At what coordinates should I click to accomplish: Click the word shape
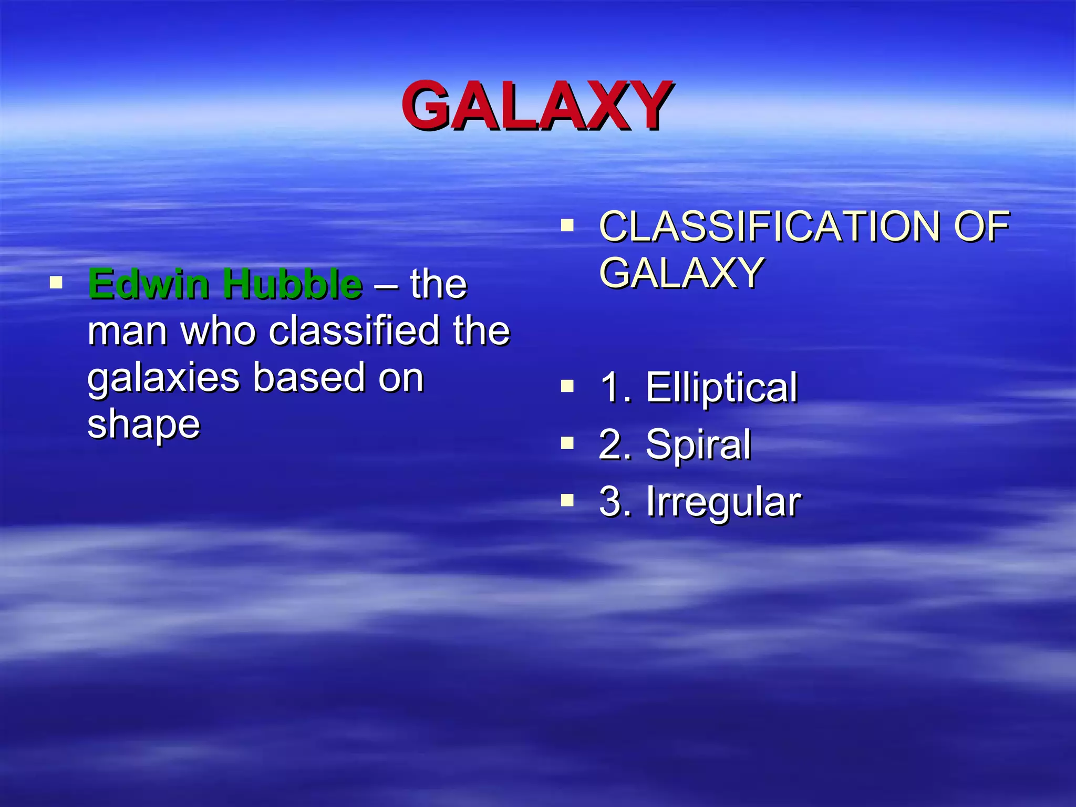pyautogui.click(x=143, y=425)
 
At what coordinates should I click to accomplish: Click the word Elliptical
pyautogui.click(x=721, y=387)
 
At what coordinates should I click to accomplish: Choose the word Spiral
pyautogui.click(x=698, y=444)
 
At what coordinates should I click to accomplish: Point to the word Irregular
pyautogui.click(x=723, y=502)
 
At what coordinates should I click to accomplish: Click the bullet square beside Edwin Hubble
pyautogui.click(x=56, y=283)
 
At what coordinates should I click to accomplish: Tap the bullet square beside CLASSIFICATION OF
pyautogui.click(x=567, y=226)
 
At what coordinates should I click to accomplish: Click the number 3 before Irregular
pyautogui.click(x=610, y=502)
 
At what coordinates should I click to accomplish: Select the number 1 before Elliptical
pyautogui.click(x=610, y=387)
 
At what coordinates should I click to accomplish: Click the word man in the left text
pyautogui.click(x=128, y=332)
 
